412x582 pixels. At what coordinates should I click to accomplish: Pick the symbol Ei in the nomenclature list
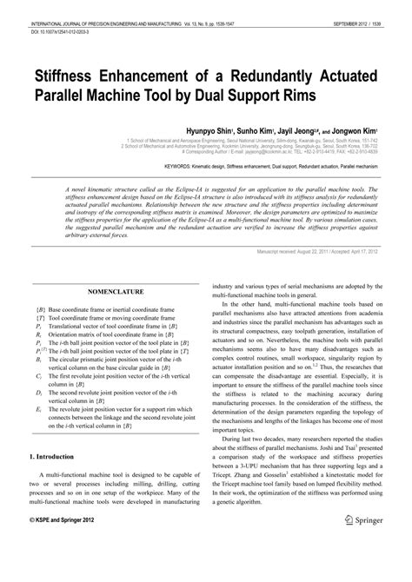coord(39,408)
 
